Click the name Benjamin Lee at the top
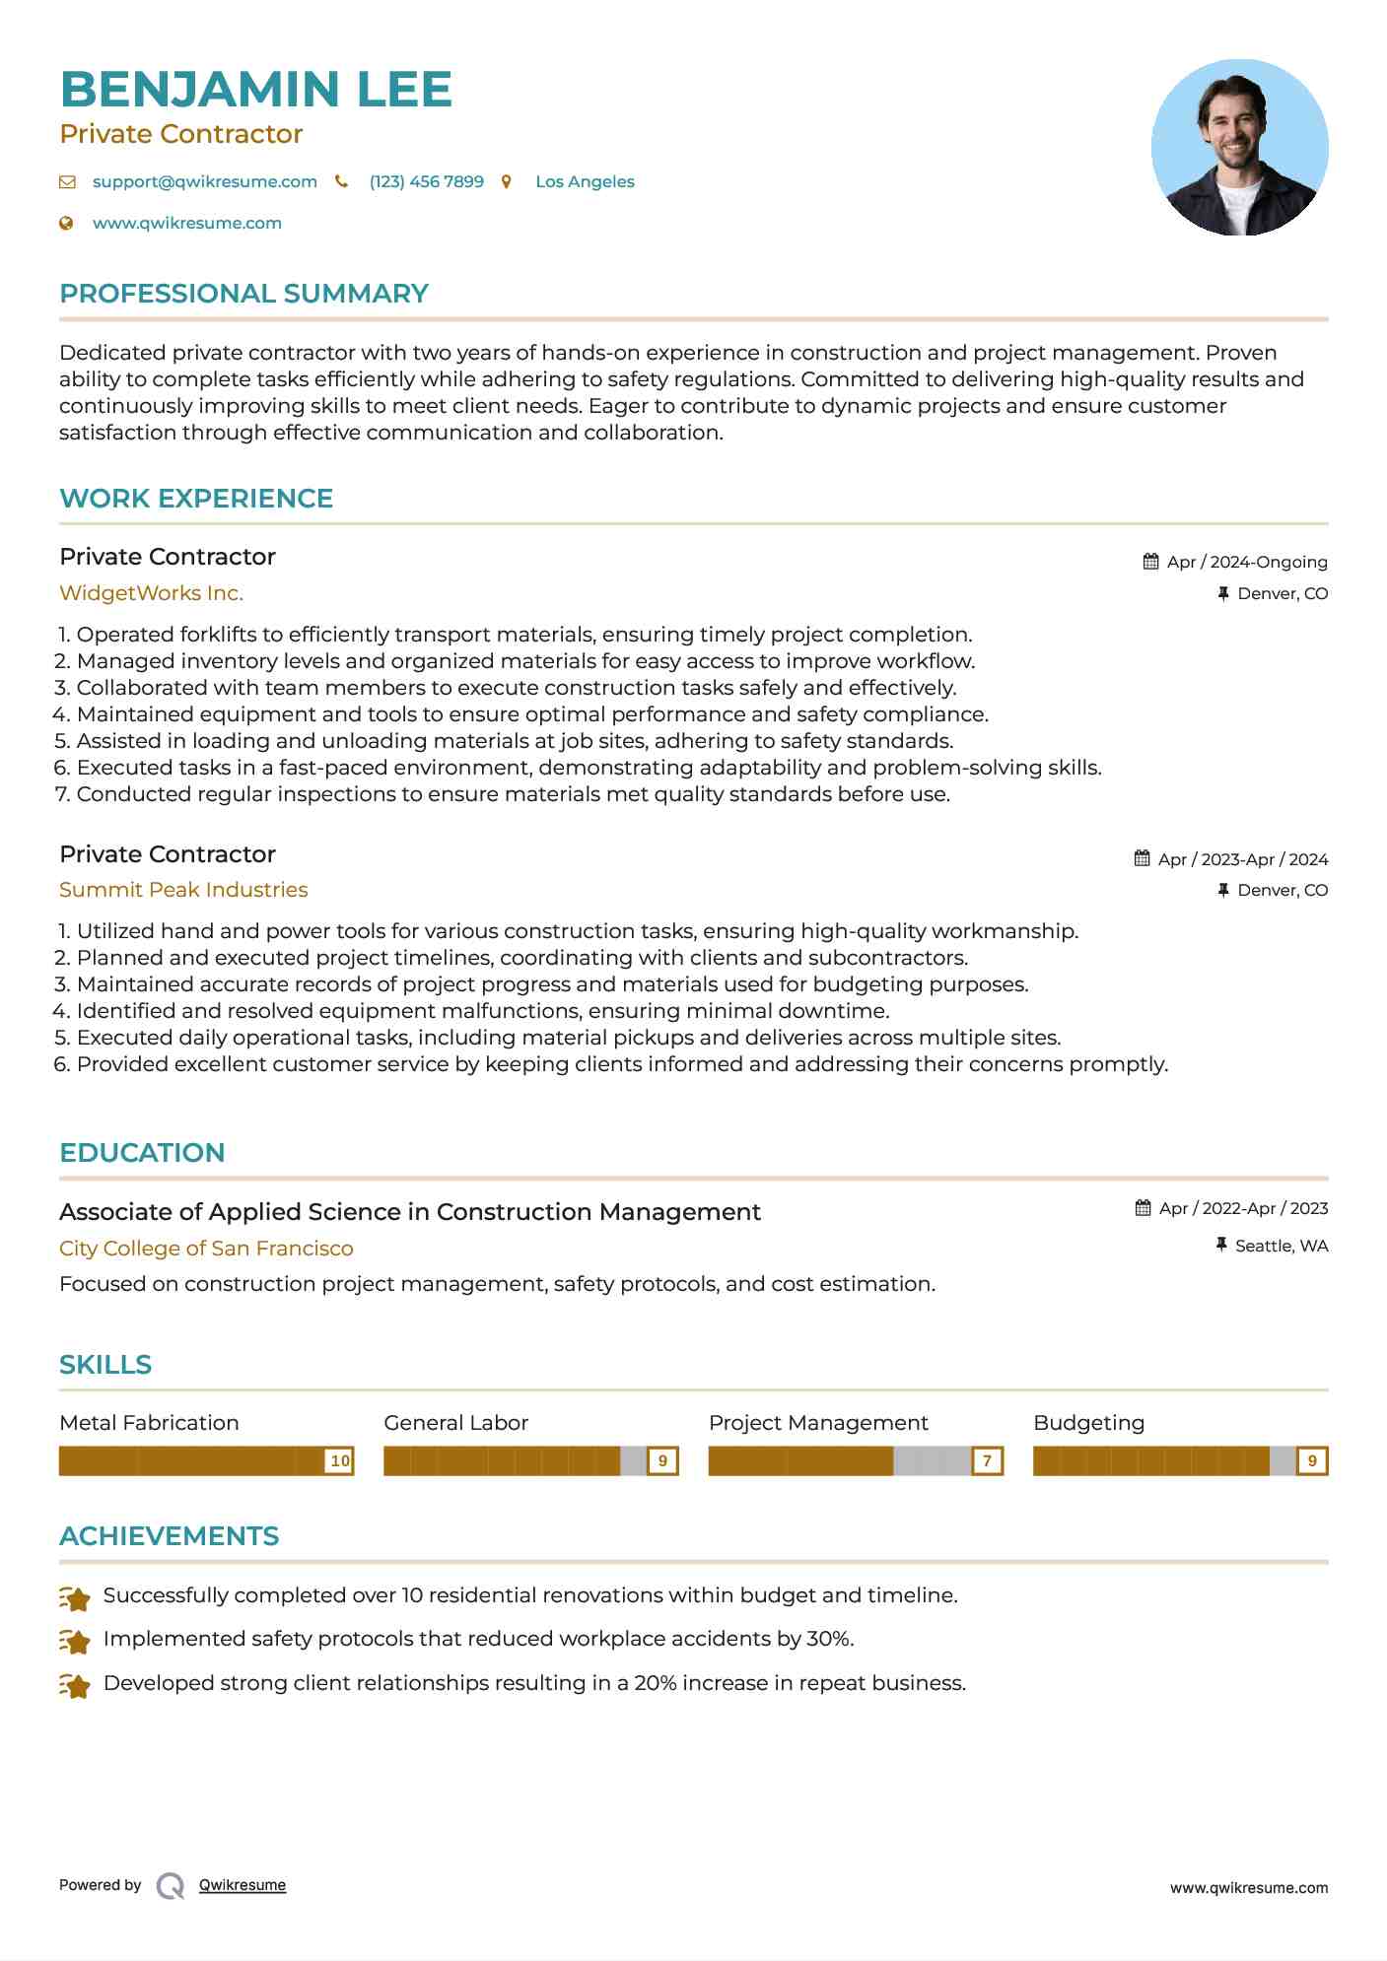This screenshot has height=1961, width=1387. pos(255,90)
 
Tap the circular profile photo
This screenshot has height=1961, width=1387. pos(1239,148)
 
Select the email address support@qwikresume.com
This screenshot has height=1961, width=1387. pos(204,181)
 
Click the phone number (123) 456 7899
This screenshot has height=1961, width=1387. pos(426,181)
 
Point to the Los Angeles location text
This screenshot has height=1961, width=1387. pos(585,181)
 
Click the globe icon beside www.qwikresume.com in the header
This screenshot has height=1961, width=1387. pos(66,224)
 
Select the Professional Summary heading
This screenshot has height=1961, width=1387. pos(243,294)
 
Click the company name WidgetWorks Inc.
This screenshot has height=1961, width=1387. pos(151,593)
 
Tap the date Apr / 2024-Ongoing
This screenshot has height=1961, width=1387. pos(1246,562)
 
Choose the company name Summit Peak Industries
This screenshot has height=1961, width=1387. pos(183,890)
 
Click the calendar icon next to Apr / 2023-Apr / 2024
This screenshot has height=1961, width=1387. pos(1142,858)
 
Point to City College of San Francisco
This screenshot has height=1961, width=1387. pos(206,1249)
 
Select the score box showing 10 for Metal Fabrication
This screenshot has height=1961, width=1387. pos(340,1460)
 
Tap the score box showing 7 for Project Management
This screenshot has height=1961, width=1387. pos(987,1460)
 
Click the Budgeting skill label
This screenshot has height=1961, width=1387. pos(1088,1423)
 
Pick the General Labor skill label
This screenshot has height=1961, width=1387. pos(455,1423)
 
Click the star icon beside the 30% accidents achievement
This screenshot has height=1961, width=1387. pos(75,1640)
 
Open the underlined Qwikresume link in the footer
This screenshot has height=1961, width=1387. pos(243,1885)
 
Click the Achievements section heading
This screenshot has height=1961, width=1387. pos(169,1536)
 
